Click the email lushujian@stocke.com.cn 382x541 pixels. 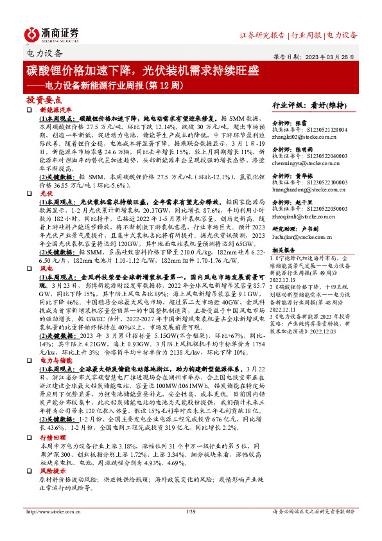[x=300, y=237]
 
